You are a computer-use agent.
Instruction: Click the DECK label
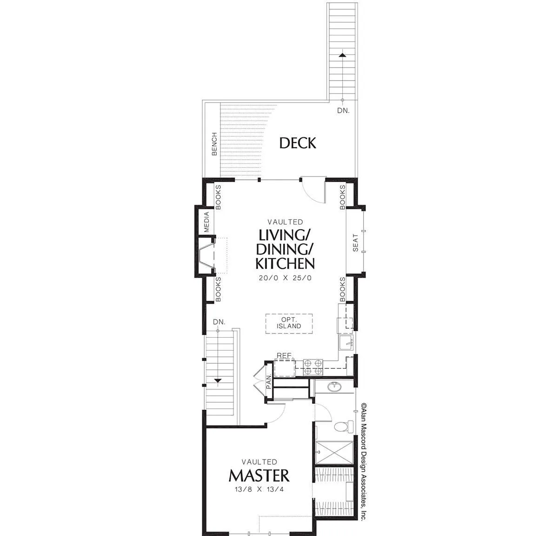point(298,143)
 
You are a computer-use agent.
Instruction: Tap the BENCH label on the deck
point(214,144)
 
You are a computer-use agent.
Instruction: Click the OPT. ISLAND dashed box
point(289,324)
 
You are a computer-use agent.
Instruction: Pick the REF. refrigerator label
point(284,356)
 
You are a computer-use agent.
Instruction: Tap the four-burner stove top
point(313,367)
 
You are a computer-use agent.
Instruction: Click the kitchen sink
point(347,342)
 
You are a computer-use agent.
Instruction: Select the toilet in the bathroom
point(344,426)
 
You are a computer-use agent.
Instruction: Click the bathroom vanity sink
point(334,387)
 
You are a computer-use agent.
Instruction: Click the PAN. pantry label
point(269,381)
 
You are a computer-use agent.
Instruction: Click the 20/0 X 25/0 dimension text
point(285,278)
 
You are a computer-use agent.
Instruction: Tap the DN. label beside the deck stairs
point(343,110)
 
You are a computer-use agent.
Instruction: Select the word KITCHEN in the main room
point(285,264)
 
